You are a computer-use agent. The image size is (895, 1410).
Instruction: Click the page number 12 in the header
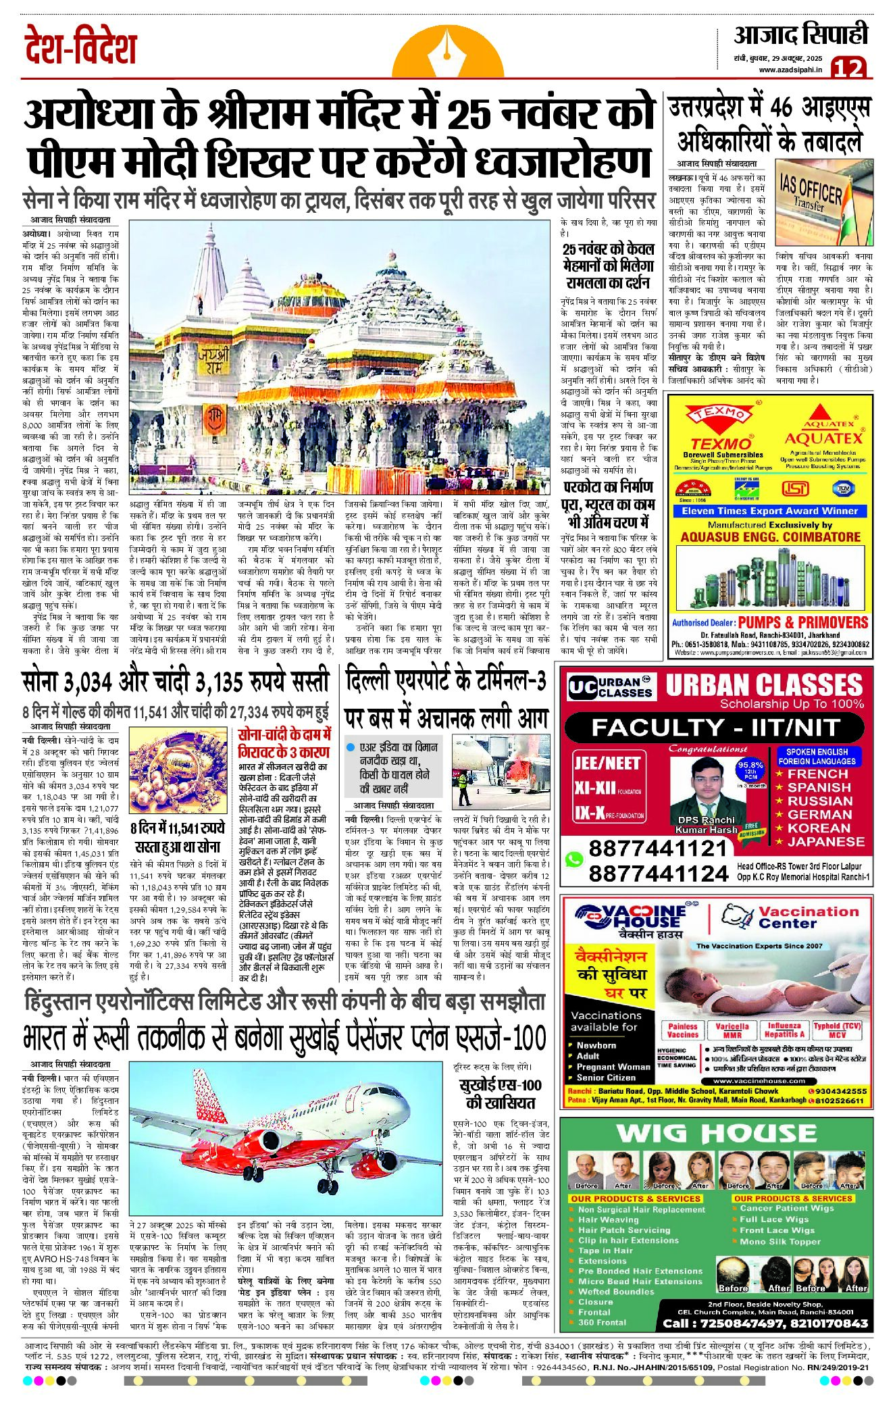click(x=848, y=68)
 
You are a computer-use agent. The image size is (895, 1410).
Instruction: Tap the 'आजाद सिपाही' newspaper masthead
click(x=800, y=34)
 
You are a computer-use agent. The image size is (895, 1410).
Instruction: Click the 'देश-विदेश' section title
click(x=80, y=47)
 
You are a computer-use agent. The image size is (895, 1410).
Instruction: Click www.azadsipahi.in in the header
click(x=790, y=70)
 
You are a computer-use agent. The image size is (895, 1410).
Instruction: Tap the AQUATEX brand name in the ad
click(x=824, y=438)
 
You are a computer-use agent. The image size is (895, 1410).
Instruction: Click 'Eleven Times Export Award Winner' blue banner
click(x=770, y=511)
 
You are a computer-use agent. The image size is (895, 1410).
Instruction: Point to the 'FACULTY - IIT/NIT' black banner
click(x=715, y=728)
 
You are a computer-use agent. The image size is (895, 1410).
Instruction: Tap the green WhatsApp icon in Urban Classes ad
click(x=573, y=860)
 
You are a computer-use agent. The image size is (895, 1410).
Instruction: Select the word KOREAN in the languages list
click(x=819, y=828)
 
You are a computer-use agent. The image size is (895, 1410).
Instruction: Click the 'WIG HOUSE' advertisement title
click(x=716, y=1133)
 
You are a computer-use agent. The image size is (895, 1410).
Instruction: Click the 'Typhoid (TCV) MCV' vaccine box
click(x=837, y=1030)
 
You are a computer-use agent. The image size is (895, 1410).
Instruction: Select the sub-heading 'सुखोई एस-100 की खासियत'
click(x=501, y=1094)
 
